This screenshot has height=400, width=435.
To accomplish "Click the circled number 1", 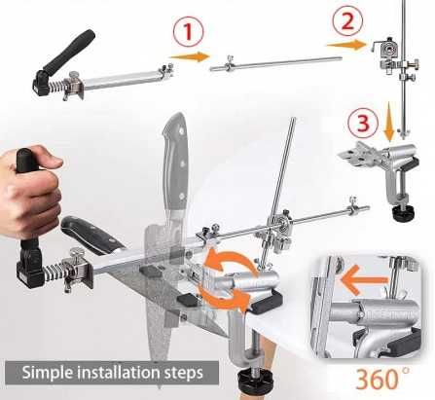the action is click(188, 31).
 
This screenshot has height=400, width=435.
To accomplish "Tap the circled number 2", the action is click(347, 20).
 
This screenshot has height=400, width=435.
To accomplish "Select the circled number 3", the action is click(363, 124).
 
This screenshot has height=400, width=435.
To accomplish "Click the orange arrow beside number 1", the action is click(190, 56).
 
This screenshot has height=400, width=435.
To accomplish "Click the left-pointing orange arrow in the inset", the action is click(363, 279).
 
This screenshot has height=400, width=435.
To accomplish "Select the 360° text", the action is click(382, 379).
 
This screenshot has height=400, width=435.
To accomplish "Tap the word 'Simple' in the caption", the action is click(48, 373).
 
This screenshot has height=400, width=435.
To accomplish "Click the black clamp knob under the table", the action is click(255, 380).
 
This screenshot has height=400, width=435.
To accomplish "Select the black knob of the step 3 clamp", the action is click(404, 213).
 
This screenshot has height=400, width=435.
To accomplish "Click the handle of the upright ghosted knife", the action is click(175, 160).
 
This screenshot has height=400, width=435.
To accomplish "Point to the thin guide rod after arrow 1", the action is click(276, 63).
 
